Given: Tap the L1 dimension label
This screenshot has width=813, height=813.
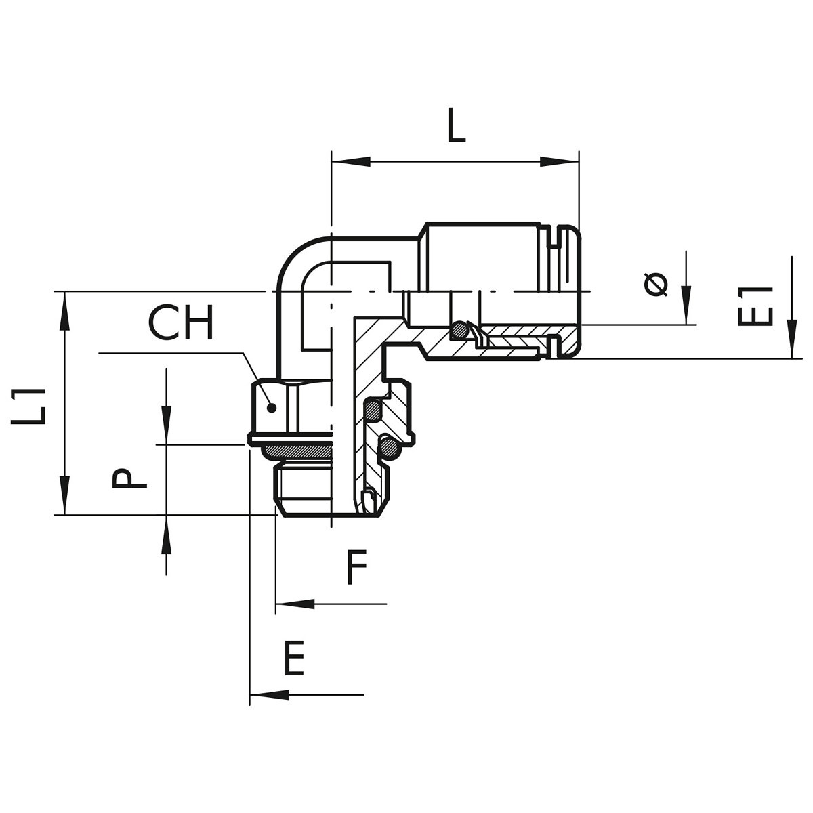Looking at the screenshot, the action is pos(28,406).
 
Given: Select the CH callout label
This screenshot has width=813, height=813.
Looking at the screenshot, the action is pos(181,322).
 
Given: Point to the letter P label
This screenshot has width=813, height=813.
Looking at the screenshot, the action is pos(129,478).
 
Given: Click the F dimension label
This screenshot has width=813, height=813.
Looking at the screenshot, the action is pos(356,567).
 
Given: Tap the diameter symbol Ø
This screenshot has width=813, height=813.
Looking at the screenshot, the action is pos(656,285).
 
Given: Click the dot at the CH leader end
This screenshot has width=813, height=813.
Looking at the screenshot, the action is pos(272,408).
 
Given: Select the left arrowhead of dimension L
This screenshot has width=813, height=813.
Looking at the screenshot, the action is pos(351,162).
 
